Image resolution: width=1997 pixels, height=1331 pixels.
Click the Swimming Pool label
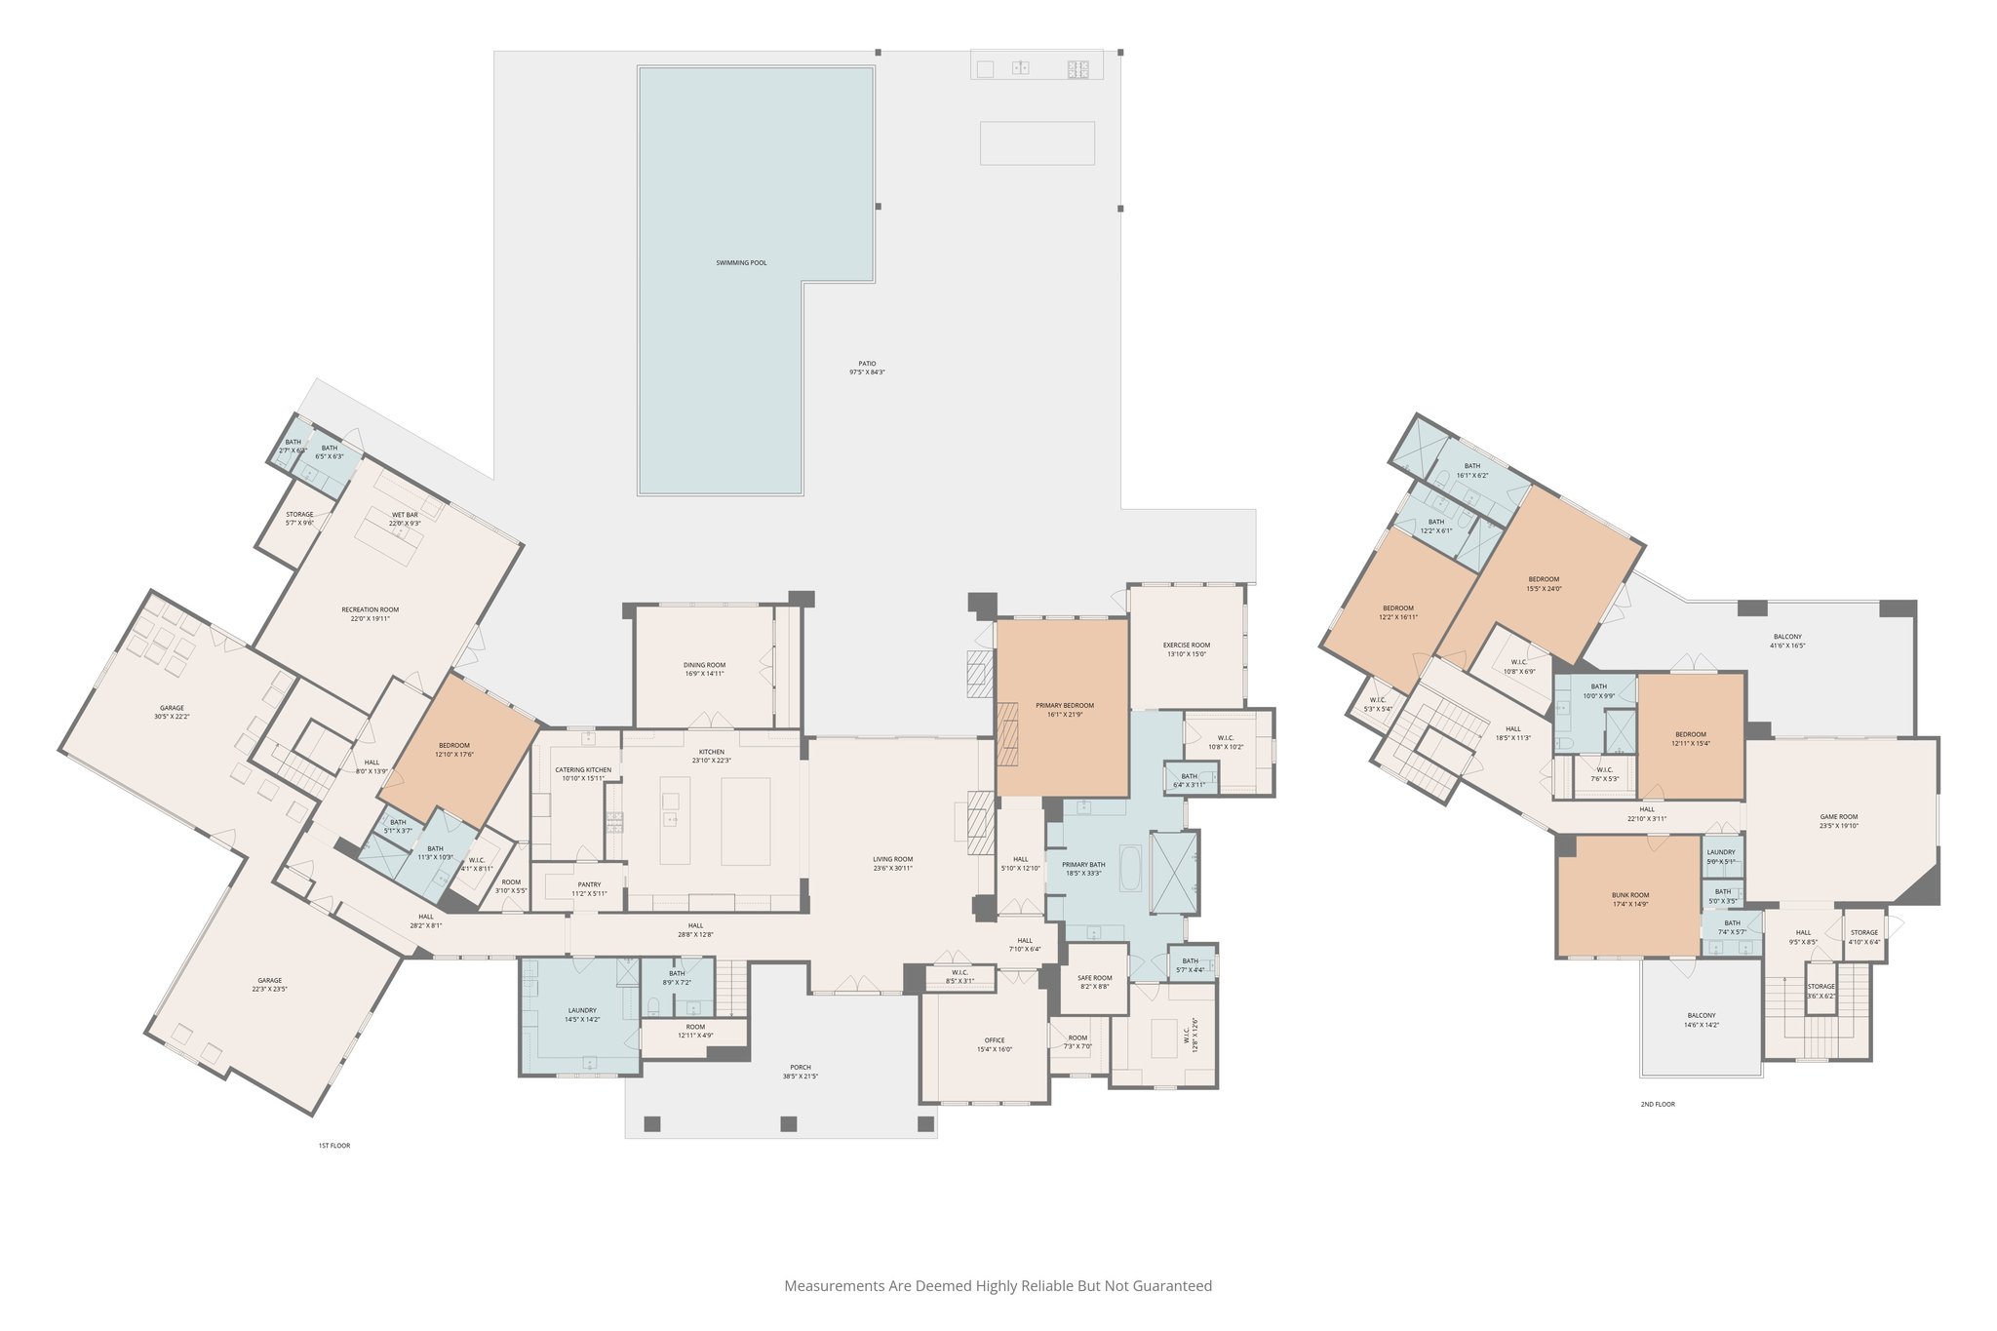tap(741, 262)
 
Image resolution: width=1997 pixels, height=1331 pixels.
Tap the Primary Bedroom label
tap(1064, 705)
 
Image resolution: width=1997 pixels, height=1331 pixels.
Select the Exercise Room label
tap(1186, 645)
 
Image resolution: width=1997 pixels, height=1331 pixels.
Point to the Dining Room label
tap(704, 665)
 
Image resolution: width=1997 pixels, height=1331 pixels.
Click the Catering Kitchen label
tap(583, 769)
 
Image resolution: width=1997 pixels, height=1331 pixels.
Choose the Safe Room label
tap(1094, 977)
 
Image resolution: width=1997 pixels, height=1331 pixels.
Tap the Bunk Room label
tap(1629, 894)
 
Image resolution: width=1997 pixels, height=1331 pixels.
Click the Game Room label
tap(1838, 816)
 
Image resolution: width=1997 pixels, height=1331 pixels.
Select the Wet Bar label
tap(405, 514)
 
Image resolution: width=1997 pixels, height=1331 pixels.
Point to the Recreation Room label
tap(370, 609)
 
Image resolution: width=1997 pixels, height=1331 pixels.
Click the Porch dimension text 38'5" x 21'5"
tap(800, 1077)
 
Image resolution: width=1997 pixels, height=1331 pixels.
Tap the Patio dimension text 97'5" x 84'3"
tap(866, 372)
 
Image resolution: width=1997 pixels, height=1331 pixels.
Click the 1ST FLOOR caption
tap(333, 1145)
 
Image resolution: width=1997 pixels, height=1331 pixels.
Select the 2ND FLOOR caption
tap(1657, 1104)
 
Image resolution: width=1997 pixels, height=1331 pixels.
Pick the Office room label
tap(994, 1039)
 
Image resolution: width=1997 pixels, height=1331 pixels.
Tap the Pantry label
tap(589, 884)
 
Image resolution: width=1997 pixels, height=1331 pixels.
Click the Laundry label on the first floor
tap(581, 1010)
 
